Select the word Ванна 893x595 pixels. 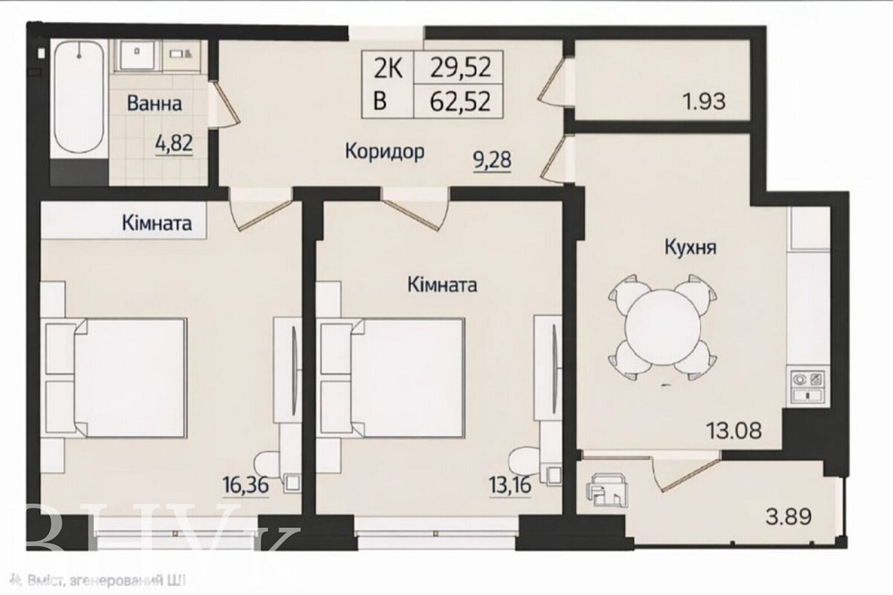154,104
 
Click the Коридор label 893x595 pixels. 384,151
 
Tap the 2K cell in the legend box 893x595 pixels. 384,67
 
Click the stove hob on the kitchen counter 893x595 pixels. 807,385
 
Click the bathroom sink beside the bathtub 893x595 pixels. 138,54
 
